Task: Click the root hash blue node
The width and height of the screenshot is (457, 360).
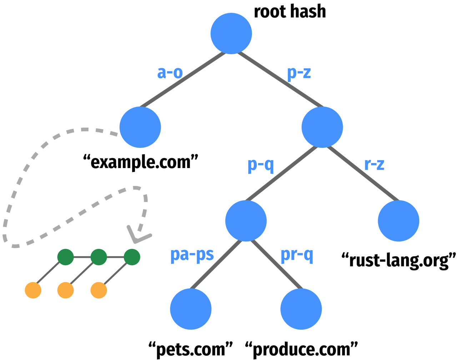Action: (x=231, y=34)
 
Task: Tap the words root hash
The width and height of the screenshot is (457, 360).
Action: (x=290, y=12)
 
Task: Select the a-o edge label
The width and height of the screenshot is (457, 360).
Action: (x=170, y=73)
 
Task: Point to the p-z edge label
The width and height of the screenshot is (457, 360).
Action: (x=299, y=73)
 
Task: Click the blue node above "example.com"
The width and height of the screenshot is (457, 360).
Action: (x=140, y=127)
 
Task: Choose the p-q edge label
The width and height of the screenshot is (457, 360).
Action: (x=261, y=165)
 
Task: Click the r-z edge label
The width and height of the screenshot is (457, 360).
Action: (x=374, y=164)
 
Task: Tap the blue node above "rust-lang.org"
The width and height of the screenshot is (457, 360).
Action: (x=398, y=221)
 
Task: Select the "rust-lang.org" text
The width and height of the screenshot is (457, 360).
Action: (x=399, y=260)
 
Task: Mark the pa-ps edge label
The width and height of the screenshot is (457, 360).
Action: (x=192, y=255)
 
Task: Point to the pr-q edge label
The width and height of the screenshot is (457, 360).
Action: (x=297, y=255)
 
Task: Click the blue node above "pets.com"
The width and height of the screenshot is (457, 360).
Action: (x=191, y=309)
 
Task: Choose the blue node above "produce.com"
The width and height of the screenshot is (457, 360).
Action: (x=301, y=309)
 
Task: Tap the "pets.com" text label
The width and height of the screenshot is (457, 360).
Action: (x=191, y=349)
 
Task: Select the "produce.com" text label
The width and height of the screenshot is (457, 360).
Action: (x=301, y=349)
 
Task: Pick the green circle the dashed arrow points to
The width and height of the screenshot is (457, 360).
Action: (x=132, y=257)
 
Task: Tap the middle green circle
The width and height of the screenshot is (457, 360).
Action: (x=99, y=257)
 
